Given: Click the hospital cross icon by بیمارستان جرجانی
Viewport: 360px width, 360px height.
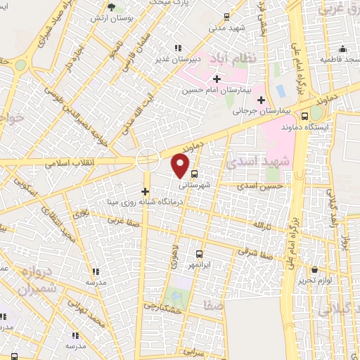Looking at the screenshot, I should tap(262, 100).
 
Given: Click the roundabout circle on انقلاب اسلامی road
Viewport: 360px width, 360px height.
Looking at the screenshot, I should tap(147, 158).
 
